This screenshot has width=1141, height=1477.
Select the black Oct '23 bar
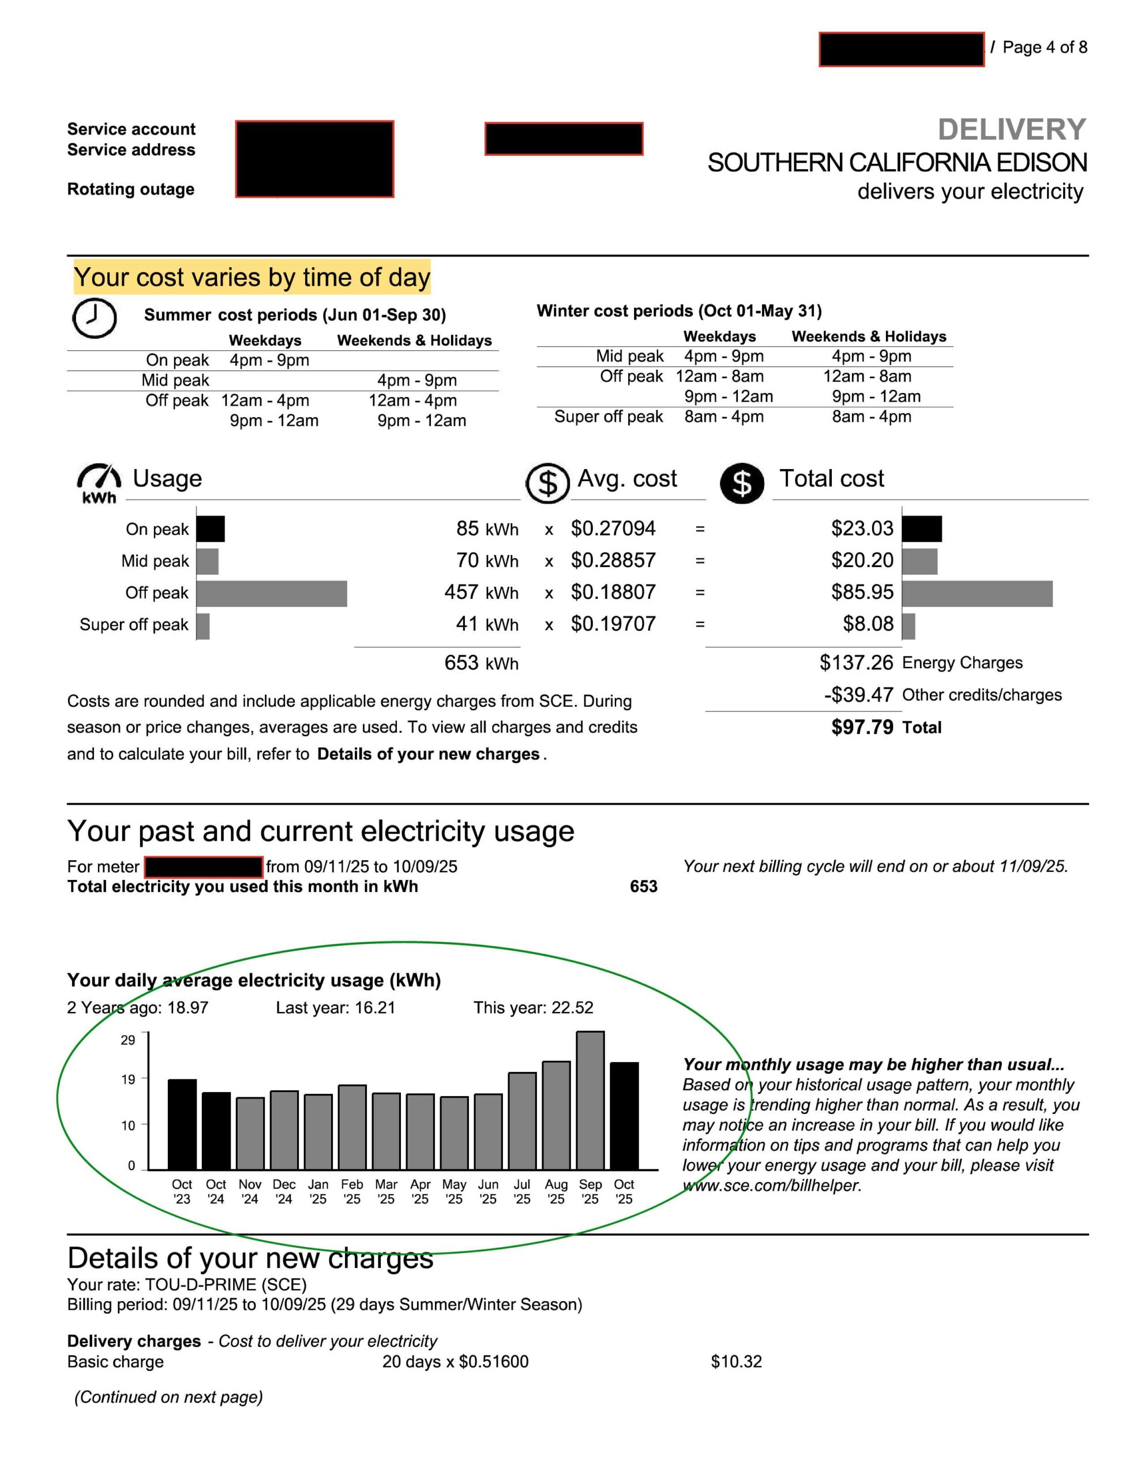pyautogui.click(x=182, y=1123)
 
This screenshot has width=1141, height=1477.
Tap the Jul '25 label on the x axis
pyautogui.click(x=521, y=1191)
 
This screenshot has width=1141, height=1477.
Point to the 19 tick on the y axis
pyautogui.click(x=129, y=1079)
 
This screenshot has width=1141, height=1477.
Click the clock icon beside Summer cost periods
pyautogui.click(x=94, y=317)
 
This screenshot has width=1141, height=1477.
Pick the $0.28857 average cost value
pyautogui.click(x=613, y=560)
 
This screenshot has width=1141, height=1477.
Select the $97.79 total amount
pyautogui.click(x=862, y=727)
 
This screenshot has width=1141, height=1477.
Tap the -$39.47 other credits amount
pyautogui.click(x=858, y=695)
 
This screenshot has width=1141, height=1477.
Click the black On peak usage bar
pyautogui.click(x=211, y=529)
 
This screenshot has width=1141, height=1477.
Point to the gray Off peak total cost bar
pyautogui.click(x=977, y=593)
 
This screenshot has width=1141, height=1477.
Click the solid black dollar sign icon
pyautogui.click(x=742, y=483)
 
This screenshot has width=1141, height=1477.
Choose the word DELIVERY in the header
pyautogui.click(x=1011, y=129)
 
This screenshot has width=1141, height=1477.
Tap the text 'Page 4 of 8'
pyautogui.click(x=1044, y=47)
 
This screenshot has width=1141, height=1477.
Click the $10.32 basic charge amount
pyautogui.click(x=736, y=1362)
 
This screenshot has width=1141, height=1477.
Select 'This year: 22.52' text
pyautogui.click(x=533, y=1008)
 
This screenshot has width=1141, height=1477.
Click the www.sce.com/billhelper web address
pyautogui.click(x=772, y=1186)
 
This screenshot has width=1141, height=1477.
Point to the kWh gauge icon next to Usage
pyautogui.click(x=99, y=482)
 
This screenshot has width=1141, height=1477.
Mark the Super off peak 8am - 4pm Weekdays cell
pyautogui.click(x=724, y=417)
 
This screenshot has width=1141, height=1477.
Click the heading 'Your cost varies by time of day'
pyautogui.click(x=252, y=278)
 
